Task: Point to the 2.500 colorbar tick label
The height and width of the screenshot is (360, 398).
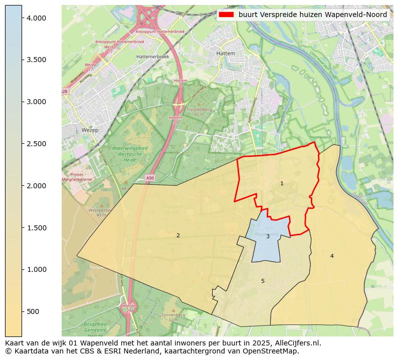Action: [36, 144]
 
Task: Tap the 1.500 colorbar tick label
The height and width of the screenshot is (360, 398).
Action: [36, 228]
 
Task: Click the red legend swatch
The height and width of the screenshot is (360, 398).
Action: [226, 15]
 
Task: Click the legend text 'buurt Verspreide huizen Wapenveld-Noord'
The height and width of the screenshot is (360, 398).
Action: [313, 15]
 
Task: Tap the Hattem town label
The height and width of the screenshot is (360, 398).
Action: [226, 53]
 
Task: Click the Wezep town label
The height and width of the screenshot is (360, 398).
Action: [90, 130]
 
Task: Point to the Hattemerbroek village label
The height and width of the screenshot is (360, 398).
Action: [152, 57]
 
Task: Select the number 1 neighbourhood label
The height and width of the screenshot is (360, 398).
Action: [282, 184]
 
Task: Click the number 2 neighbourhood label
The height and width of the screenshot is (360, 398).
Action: [178, 235]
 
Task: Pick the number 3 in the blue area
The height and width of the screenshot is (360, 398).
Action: [268, 236]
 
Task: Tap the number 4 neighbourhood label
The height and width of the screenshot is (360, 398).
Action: [332, 256]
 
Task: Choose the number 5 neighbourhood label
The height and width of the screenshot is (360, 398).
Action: [263, 281]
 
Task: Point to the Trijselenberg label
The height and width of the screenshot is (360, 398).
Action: [199, 109]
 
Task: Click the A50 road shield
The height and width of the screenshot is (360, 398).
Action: [150, 178]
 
